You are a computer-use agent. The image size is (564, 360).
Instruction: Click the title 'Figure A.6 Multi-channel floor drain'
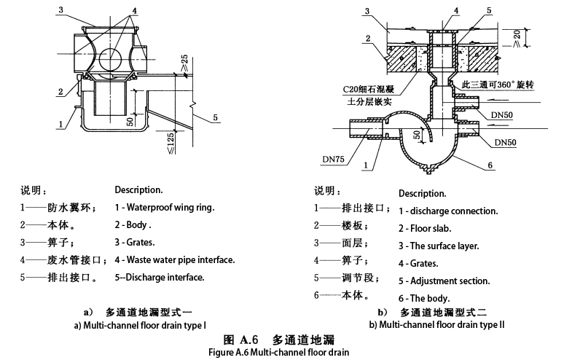point(282,351)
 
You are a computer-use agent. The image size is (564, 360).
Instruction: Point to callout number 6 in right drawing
point(491,166)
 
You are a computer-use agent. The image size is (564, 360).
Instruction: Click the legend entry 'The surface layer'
point(439,246)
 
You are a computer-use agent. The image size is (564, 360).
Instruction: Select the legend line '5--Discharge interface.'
point(160,277)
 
